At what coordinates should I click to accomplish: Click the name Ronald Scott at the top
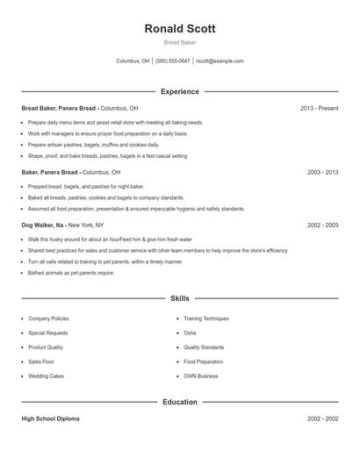[180, 28]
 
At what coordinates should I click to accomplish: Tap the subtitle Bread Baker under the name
[180, 42]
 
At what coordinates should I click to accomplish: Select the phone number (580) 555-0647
[172, 61]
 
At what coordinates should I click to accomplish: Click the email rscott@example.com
[220, 61]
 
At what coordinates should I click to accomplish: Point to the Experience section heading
[180, 91]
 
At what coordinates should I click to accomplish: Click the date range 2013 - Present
[319, 108]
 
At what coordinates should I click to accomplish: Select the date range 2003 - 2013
[322, 173]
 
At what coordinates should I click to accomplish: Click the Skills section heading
[180, 299]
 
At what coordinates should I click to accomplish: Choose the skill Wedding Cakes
[46, 376]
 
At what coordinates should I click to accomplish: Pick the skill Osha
[190, 333]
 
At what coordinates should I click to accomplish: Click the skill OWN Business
[201, 376]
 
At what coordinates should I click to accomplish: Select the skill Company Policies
[48, 318]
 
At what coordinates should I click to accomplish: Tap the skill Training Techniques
[206, 318]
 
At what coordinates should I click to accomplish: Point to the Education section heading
[180, 402]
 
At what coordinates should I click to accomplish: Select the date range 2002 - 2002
[322, 418]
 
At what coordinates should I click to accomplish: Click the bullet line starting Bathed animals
[71, 273]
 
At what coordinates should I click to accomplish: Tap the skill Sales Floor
[41, 361]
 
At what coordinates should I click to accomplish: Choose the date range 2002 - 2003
[322, 225]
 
